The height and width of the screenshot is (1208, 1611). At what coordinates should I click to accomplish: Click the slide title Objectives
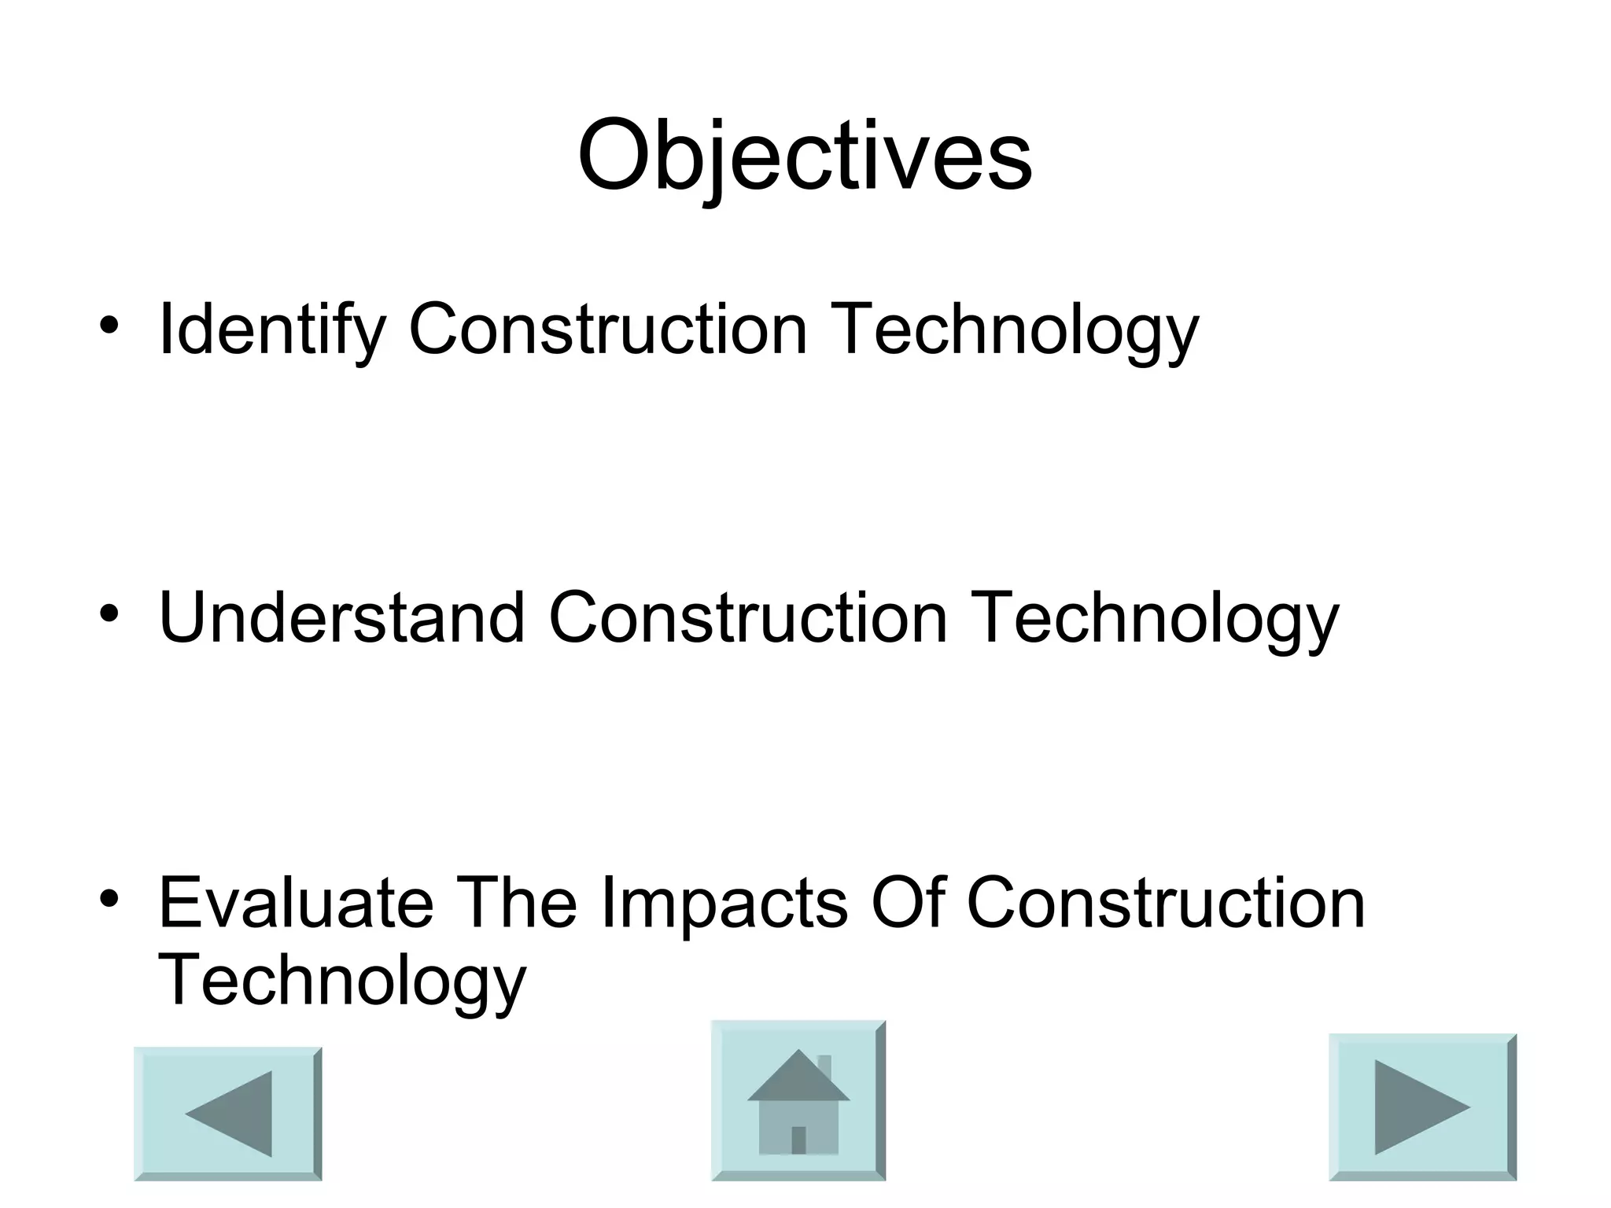805,156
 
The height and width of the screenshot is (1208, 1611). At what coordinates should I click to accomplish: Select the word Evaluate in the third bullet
296,903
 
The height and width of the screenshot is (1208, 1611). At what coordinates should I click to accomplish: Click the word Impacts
724,903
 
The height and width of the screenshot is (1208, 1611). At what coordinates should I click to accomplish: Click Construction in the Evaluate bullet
1165,903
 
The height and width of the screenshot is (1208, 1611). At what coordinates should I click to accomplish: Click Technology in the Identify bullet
1014,330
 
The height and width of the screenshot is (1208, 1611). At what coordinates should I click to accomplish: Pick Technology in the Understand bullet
1154,619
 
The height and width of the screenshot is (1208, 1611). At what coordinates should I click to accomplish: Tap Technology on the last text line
341,981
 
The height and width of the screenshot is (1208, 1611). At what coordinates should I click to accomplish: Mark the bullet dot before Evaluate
109,897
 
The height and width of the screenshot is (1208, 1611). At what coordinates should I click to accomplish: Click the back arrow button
228,1113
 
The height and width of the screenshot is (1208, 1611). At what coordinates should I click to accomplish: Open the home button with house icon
798,1100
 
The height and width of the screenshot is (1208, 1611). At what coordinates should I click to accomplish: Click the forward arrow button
1422,1107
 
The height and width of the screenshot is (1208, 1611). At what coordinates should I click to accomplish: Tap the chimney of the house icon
824,1068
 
